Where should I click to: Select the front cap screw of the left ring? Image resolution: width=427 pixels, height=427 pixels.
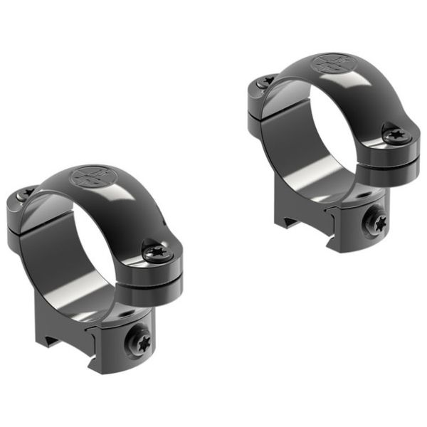pyautogui.click(x=155, y=252)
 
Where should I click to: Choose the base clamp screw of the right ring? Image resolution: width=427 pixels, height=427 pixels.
pyautogui.click(x=375, y=223)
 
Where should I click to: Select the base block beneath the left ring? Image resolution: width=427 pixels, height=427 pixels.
pyautogui.click(x=107, y=334)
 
